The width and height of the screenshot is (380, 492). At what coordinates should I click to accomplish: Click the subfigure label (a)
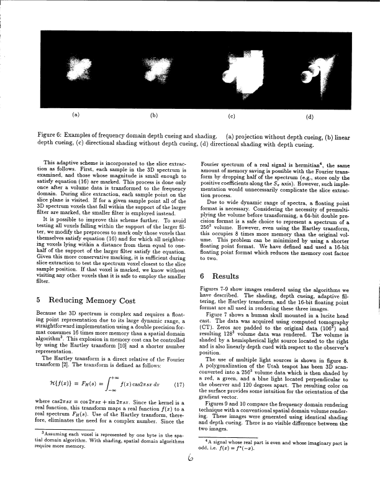[76, 115]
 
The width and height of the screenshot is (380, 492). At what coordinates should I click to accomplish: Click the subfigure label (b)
[153, 115]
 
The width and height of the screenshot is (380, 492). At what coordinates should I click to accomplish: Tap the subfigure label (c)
[232, 115]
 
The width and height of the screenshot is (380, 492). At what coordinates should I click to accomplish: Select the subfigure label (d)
[310, 115]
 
